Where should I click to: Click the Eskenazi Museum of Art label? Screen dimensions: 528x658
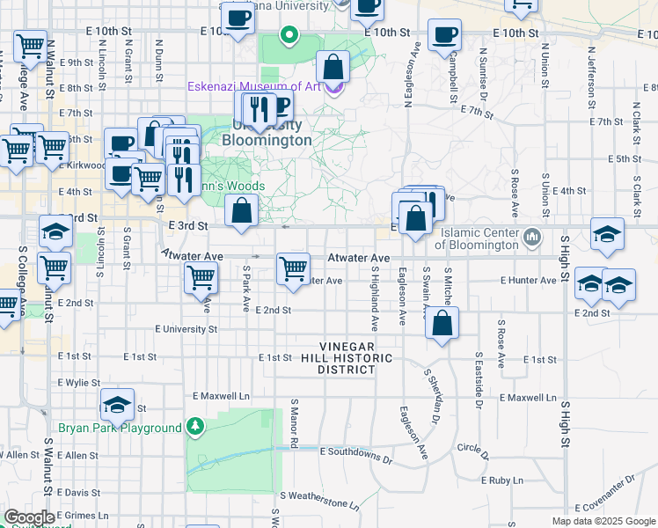click(x=254, y=87)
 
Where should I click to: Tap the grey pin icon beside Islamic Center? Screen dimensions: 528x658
click(x=532, y=238)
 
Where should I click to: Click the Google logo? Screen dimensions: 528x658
click(x=29, y=517)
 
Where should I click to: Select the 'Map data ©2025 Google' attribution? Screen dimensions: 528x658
click(x=603, y=521)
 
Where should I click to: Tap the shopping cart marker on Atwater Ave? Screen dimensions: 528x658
click(x=293, y=267)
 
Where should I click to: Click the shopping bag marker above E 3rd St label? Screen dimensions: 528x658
click(x=240, y=210)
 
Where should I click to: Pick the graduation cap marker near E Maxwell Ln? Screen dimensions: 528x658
click(x=117, y=404)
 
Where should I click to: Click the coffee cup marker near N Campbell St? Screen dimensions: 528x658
click(x=443, y=35)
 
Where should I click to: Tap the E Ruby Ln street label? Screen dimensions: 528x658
click(x=505, y=480)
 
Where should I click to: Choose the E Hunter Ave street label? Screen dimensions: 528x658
click(x=529, y=281)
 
